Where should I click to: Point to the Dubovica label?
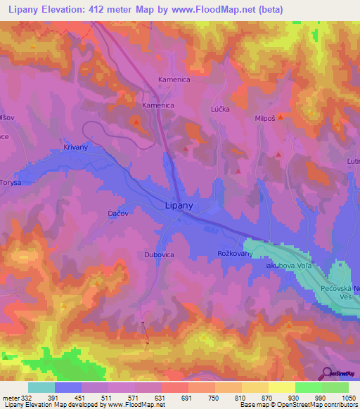158,255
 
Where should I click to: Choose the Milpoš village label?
266,119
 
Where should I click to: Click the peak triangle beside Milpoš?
281,117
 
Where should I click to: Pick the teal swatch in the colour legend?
41,387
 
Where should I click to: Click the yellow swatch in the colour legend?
281,387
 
